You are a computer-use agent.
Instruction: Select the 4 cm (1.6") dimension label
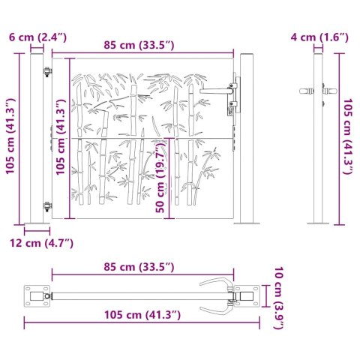[x=319, y=36]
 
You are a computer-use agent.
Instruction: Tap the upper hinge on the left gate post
[x=48, y=73]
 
